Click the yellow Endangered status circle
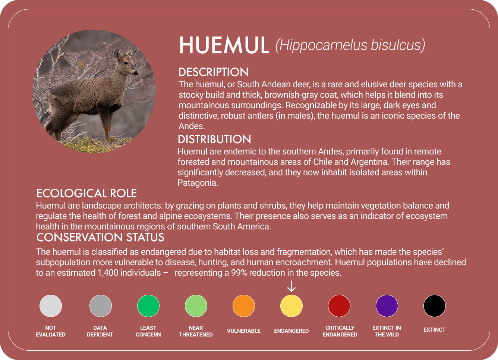291,306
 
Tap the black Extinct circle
435,306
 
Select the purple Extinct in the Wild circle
387,306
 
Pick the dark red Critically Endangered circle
339,306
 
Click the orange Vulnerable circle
244,306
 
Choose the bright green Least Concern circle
148,306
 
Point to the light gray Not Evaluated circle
51,306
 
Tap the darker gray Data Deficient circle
101,306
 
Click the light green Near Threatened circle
196,306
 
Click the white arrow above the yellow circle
291,287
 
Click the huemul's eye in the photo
126,62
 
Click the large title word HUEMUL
224,46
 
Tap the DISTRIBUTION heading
214,140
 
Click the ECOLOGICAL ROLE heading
86,193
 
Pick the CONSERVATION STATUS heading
100,238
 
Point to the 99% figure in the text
239,273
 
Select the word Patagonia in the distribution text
196,183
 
